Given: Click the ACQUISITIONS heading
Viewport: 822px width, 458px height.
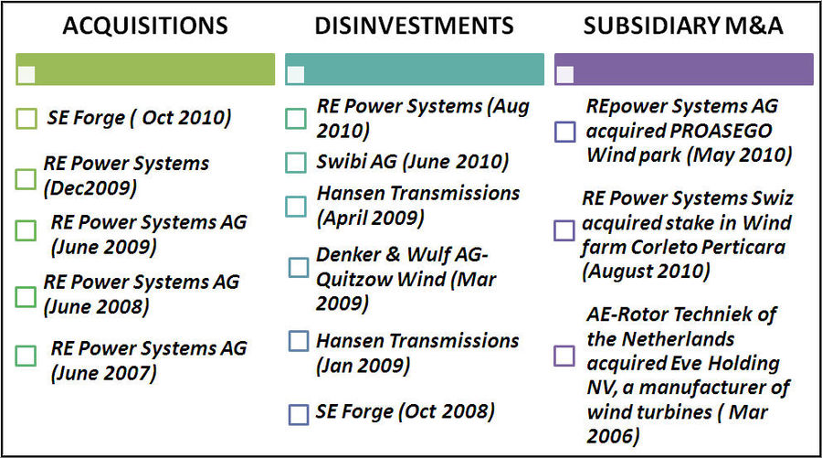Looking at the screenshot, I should [x=144, y=26].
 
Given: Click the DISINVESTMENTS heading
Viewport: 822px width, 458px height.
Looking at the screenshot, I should [x=415, y=26].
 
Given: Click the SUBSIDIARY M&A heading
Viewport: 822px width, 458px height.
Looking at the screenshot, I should [x=683, y=26].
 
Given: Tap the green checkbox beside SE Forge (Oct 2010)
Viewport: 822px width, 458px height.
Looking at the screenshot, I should [x=27, y=119].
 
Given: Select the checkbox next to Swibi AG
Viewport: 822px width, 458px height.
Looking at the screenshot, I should [x=295, y=163].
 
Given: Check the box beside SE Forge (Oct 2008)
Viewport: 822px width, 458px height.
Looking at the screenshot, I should [x=298, y=414].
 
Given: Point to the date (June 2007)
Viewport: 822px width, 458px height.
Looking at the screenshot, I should [x=103, y=372].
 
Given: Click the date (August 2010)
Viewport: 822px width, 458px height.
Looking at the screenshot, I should [x=646, y=271].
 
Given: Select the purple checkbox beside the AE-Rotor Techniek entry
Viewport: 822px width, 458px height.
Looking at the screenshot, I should [x=564, y=356].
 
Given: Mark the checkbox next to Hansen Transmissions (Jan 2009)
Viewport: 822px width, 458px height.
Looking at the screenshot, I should [x=298, y=341].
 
